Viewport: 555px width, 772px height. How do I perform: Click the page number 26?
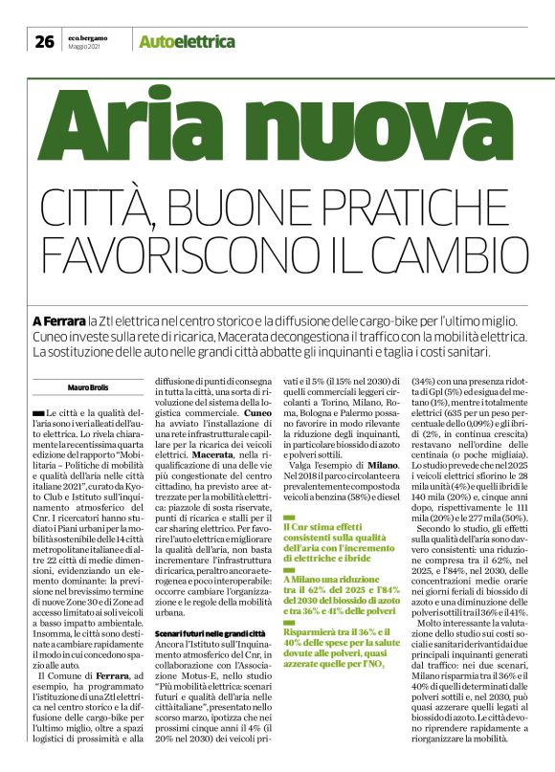[x=44, y=41]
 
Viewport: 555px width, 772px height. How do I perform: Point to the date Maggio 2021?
[x=84, y=47]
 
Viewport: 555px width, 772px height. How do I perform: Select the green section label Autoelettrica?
[x=187, y=41]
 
